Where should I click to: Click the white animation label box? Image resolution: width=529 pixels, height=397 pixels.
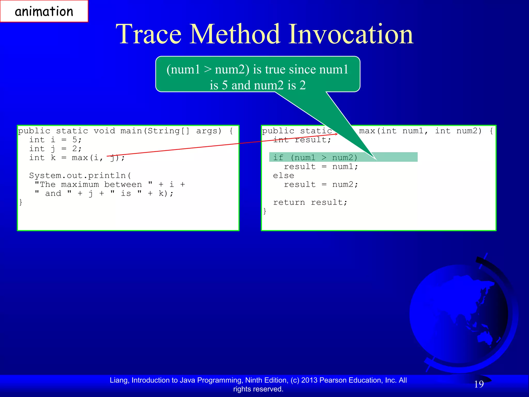coord(44,11)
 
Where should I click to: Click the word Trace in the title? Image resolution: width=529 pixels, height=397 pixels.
coord(149,34)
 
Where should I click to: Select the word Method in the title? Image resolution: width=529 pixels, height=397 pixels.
coord(235,34)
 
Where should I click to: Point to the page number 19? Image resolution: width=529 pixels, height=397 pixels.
coord(479,384)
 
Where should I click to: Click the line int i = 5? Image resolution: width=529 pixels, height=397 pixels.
coord(55,140)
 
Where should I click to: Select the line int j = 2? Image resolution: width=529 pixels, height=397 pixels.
coord(55,149)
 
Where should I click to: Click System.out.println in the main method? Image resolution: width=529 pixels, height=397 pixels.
coord(77,175)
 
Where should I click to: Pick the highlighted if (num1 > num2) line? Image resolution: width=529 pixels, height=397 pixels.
coord(315,157)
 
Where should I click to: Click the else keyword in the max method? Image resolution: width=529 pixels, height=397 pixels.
coord(283,175)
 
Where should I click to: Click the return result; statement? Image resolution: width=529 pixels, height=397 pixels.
coord(310,202)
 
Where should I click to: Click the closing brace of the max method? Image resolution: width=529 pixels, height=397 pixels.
coord(265,211)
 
